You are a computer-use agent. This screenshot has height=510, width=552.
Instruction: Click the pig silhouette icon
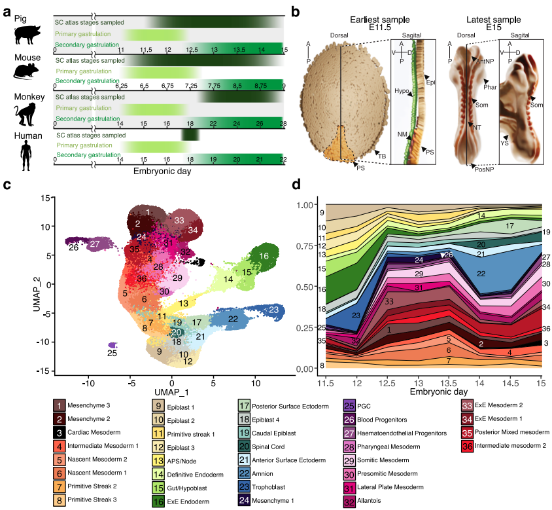[27, 35]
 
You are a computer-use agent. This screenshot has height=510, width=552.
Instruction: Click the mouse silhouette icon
[26, 71]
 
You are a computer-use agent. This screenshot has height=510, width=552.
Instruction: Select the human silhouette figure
[26, 155]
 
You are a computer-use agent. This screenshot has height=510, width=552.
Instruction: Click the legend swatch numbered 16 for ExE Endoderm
[158, 501]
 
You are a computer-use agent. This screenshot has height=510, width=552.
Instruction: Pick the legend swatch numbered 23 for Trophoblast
[245, 486]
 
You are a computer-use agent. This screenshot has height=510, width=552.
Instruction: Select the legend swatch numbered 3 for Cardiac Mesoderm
[60, 433]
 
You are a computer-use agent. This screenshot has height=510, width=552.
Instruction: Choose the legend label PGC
[364, 406]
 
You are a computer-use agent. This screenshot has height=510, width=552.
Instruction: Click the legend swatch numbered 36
[467, 446]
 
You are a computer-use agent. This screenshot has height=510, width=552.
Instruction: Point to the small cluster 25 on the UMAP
[112, 345]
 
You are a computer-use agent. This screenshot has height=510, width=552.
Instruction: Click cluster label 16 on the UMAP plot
[264, 256]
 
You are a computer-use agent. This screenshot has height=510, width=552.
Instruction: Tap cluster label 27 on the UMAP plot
[95, 244]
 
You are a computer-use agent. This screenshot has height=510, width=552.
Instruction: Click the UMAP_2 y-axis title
[36, 295]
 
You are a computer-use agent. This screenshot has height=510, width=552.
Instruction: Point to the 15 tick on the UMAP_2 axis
[45, 198]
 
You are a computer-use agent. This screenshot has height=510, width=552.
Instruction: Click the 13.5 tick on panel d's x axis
[449, 383]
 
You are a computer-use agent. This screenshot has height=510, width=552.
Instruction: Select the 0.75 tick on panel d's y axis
[305, 246]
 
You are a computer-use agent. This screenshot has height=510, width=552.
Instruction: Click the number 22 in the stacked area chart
[481, 274]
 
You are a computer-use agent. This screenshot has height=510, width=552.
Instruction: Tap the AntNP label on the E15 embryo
[485, 62]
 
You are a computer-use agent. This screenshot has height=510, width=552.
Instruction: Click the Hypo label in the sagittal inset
[402, 91]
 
